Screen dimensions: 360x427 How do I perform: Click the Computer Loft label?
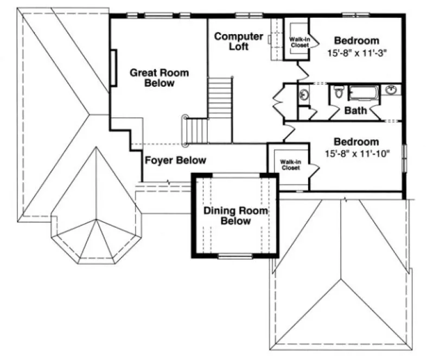tap(238, 42)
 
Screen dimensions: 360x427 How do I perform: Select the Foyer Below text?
tap(175, 160)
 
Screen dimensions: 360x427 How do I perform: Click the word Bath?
tap(355, 111)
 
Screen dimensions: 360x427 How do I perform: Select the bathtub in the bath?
tap(365, 93)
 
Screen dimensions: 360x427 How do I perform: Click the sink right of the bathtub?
tap(391, 89)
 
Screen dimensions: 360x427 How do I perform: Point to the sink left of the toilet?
tap(303, 95)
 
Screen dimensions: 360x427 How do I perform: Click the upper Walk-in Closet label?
tap(298, 42)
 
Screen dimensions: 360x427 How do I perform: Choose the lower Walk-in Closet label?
tap(290, 165)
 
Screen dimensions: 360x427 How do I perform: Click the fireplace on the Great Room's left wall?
tap(113, 67)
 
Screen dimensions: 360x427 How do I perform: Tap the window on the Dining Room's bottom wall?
tap(234, 256)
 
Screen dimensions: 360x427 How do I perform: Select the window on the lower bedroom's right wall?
tap(403, 158)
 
